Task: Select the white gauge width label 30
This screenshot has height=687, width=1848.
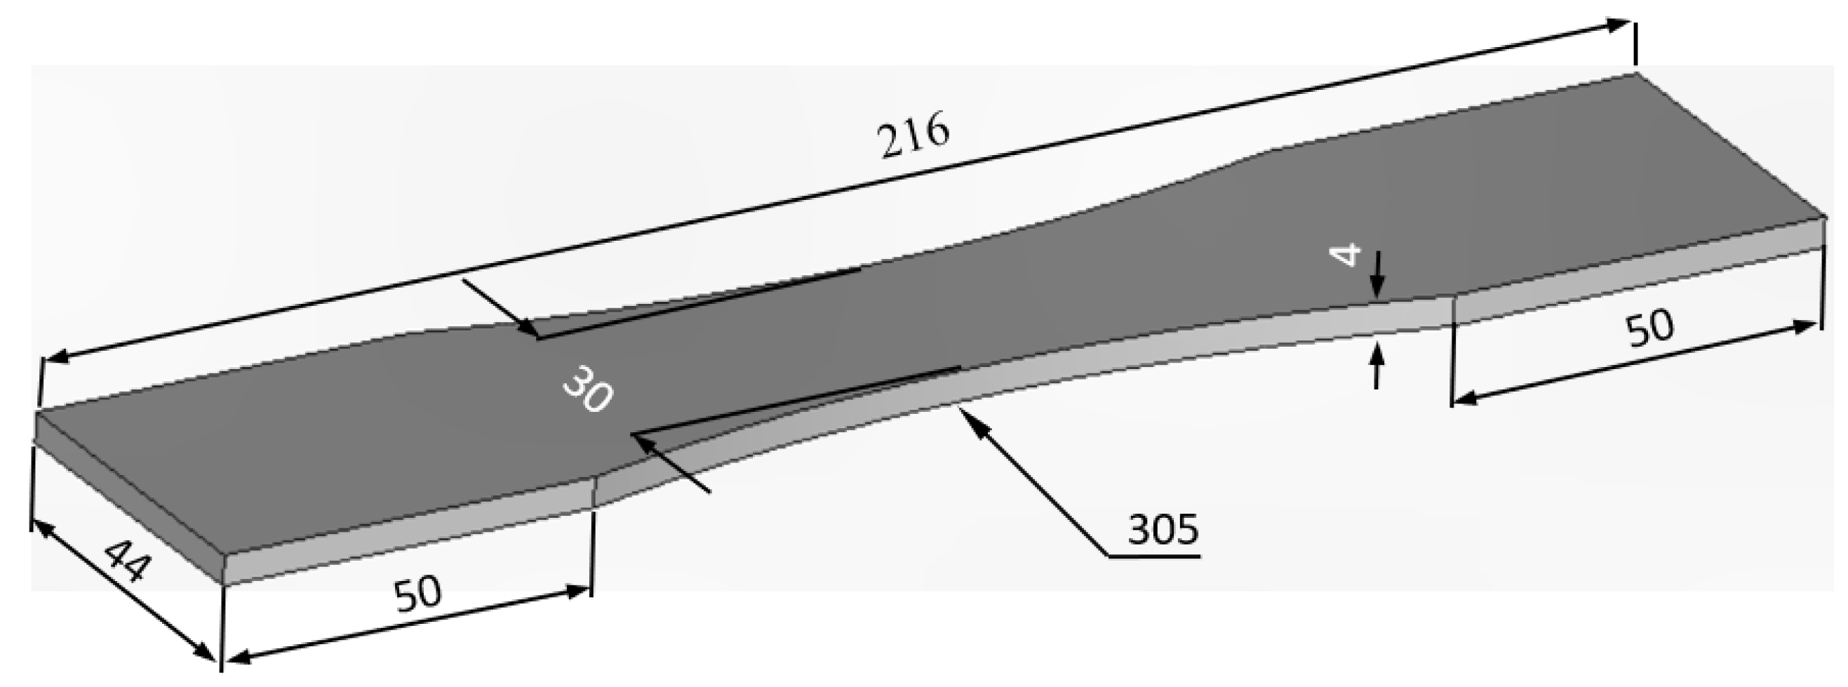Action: [587, 389]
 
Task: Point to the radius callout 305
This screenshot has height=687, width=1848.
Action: [1162, 529]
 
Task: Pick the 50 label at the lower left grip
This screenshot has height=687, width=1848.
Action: [418, 593]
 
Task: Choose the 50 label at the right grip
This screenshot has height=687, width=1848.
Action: [1650, 328]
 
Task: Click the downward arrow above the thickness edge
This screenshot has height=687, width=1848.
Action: [1376, 287]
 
